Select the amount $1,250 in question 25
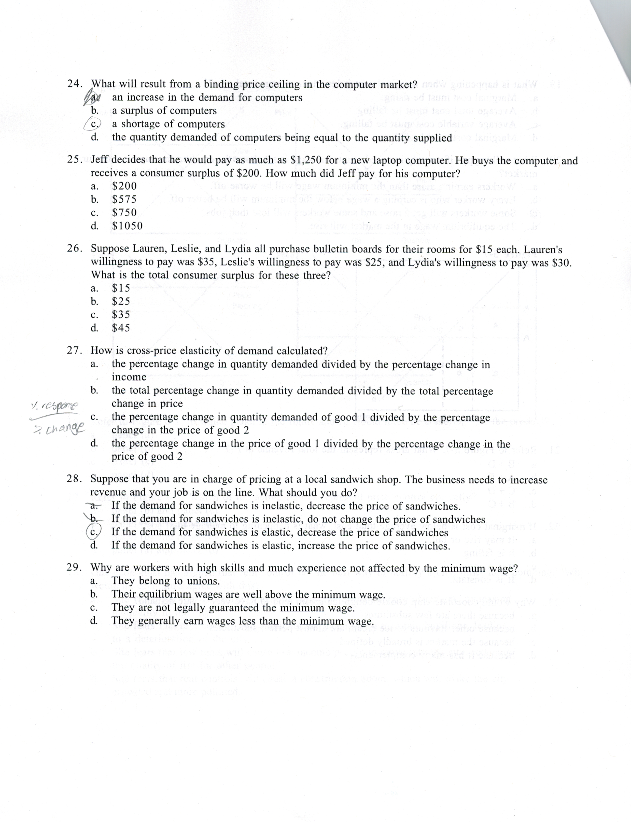click(306, 160)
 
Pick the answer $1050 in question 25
click(127, 226)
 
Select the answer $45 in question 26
click(121, 328)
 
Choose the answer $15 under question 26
click(121, 288)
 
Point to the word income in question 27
click(129, 377)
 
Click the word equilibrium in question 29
click(165, 595)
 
